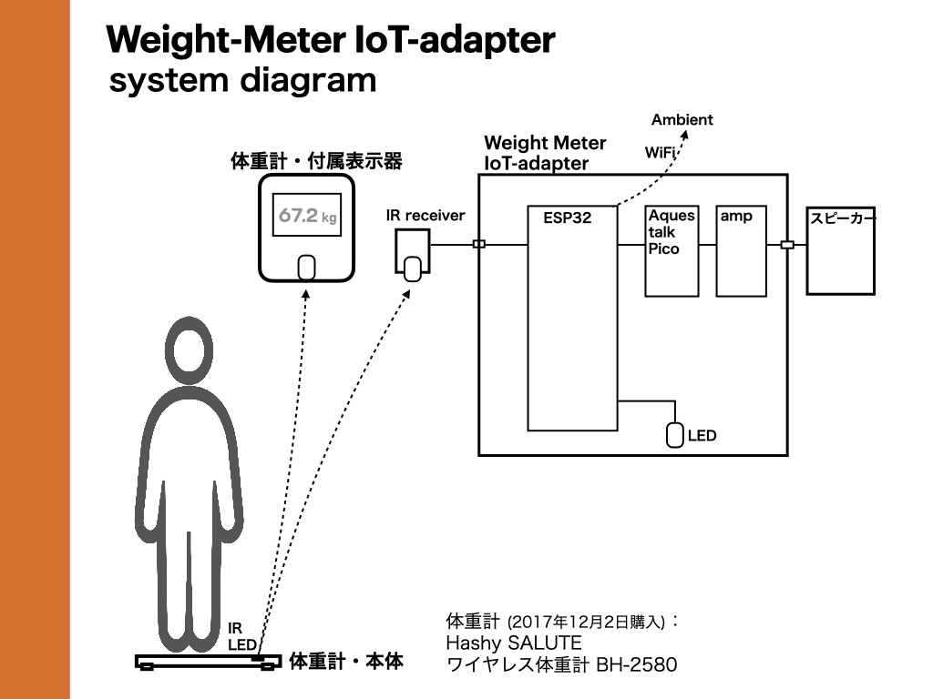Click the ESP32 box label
point(568,218)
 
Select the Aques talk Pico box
point(672,251)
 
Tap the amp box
point(741,251)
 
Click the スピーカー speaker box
point(841,250)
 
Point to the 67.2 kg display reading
point(307,216)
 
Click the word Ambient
point(682,120)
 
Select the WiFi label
point(661,152)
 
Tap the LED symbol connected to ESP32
point(674,435)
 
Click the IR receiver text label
point(425,216)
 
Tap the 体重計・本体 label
point(345,662)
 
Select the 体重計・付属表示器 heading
point(315,162)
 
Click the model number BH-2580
point(637,665)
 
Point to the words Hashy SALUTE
point(513,643)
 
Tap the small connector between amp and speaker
point(787,245)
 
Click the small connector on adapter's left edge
point(479,244)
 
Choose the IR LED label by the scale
point(241,636)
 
